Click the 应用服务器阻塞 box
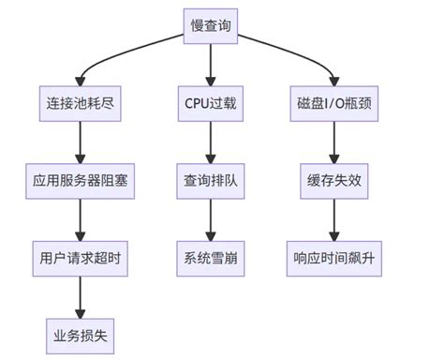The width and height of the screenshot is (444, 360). [x=80, y=180]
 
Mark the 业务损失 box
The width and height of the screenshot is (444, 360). [x=80, y=335]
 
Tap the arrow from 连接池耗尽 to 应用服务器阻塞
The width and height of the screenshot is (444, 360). [x=80, y=141]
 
